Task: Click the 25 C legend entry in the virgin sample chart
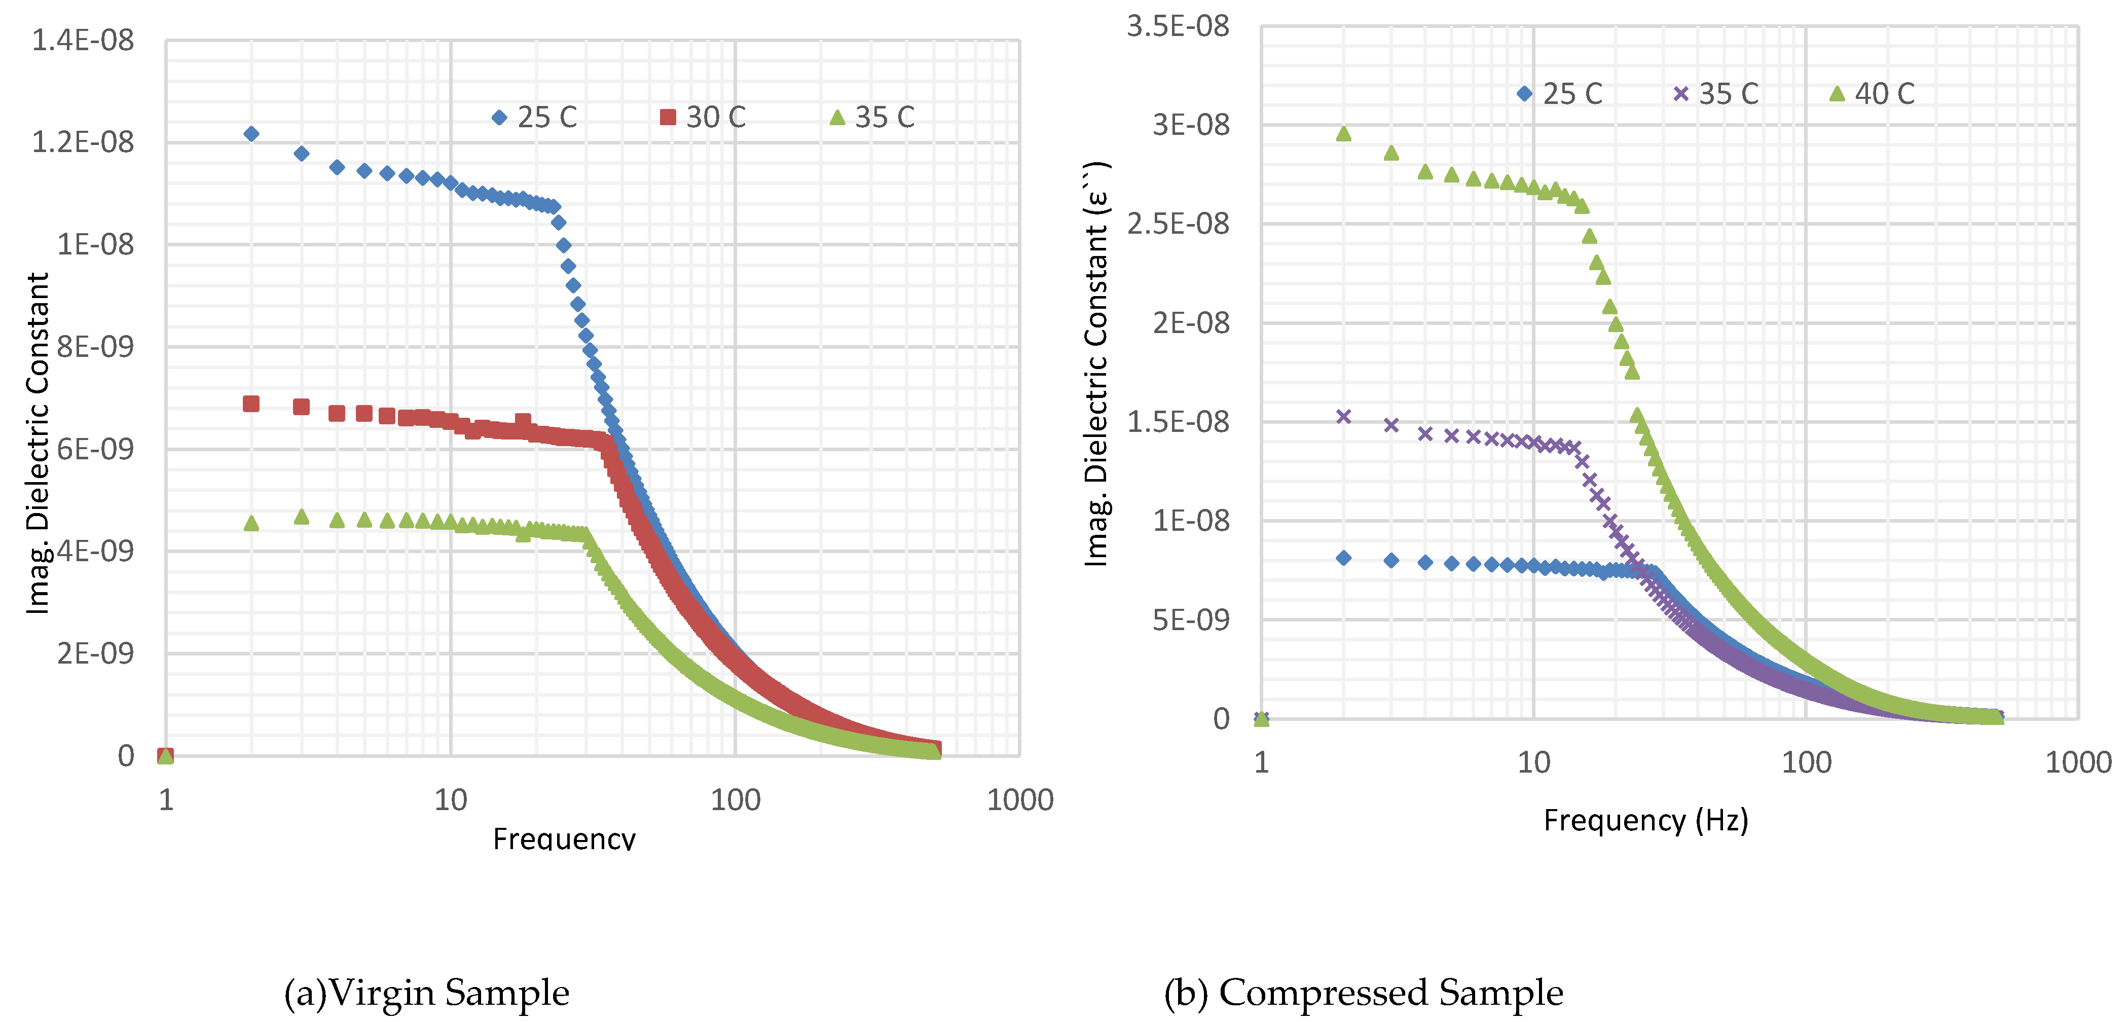[x=535, y=117]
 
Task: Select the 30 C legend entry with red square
[x=703, y=117]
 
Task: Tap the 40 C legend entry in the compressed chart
[x=1872, y=93]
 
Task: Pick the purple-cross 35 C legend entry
[x=1716, y=93]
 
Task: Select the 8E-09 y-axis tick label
[x=95, y=347]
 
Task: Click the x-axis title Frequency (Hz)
[x=1645, y=820]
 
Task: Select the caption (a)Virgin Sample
[x=427, y=992]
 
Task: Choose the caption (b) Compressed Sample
[x=1364, y=992]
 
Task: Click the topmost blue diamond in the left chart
[x=252, y=134]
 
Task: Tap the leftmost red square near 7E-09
[x=252, y=404]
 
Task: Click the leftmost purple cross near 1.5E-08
[x=1344, y=417]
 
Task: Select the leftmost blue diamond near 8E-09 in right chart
[x=1344, y=558]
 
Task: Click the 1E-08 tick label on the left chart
[x=95, y=244]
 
